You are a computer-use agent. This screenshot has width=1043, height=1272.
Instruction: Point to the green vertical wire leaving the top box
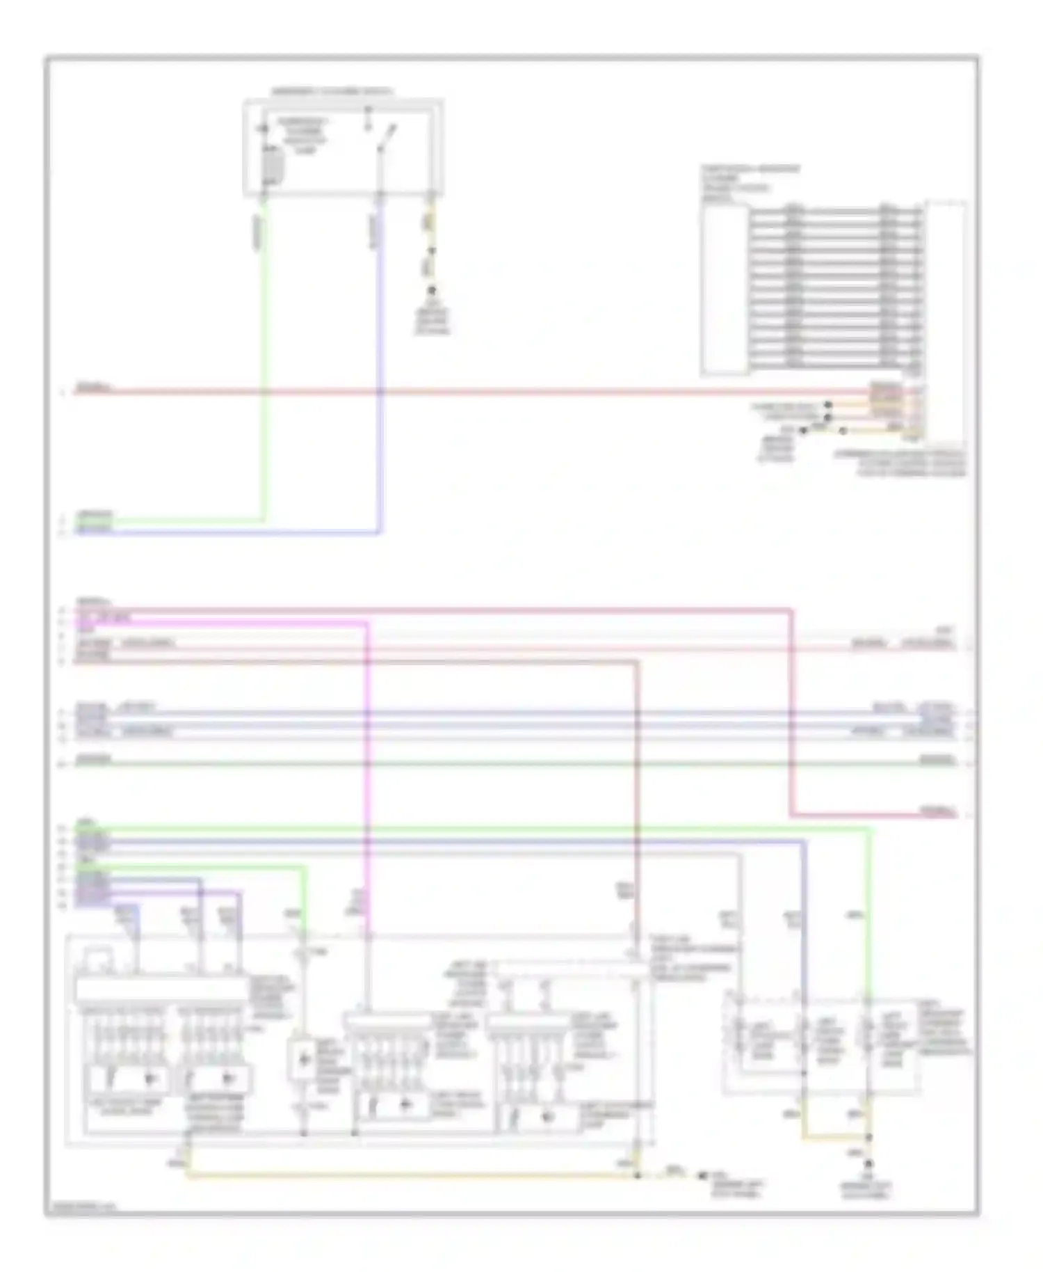tap(264, 362)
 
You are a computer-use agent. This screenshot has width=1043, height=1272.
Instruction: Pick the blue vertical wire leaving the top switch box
tap(380, 362)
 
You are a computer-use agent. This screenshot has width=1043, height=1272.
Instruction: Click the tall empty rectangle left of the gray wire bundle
tap(725, 289)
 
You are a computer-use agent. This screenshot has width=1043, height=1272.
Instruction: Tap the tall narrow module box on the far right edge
tap(946, 320)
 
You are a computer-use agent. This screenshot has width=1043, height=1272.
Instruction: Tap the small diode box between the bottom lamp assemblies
tap(303, 1060)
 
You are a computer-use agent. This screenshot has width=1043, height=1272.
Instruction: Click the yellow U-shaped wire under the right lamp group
tap(834, 1139)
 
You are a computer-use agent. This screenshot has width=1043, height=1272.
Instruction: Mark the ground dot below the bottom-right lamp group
tap(868, 1163)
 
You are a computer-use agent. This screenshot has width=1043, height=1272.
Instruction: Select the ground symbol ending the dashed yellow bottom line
tap(702, 1175)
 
